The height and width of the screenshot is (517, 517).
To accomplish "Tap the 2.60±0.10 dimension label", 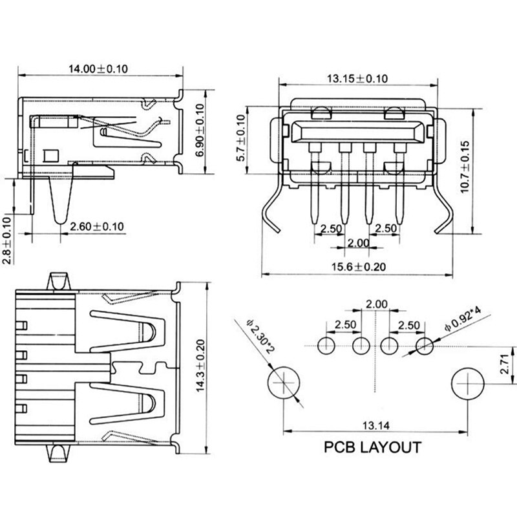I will click(x=97, y=227).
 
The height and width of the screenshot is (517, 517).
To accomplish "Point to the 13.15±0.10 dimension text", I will click(x=357, y=79).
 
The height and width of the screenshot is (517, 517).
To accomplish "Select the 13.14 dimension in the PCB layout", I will click(x=375, y=425).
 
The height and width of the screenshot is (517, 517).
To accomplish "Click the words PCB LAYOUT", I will click(x=373, y=447).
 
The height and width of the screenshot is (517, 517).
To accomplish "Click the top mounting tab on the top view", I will click(x=60, y=281).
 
